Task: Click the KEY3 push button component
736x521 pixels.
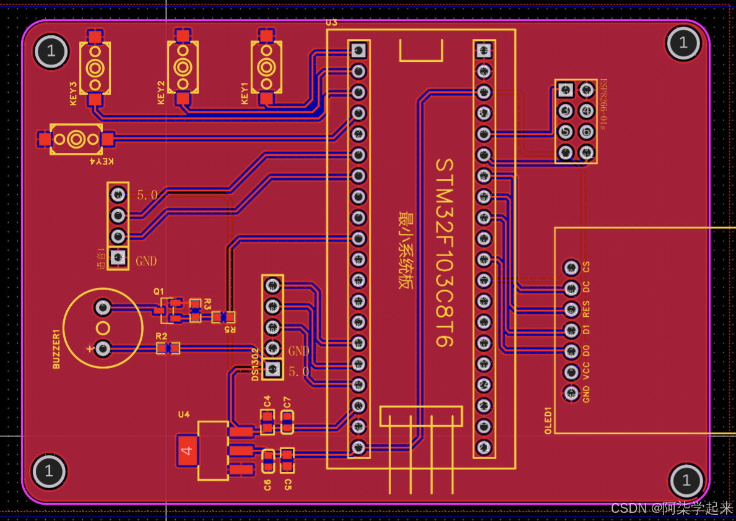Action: [95, 67]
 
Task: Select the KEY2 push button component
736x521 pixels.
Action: [183, 67]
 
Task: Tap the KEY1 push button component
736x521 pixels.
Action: [266, 67]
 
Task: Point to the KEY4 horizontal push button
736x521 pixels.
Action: [76, 139]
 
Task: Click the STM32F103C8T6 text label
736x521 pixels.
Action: [445, 252]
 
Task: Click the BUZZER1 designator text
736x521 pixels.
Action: [57, 349]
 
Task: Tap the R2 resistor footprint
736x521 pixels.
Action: [168, 348]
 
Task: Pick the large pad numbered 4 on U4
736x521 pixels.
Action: [188, 450]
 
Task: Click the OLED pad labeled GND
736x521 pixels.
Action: [570, 393]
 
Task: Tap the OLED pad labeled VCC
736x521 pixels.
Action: [570, 372]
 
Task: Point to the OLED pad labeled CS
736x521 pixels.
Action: [570, 267]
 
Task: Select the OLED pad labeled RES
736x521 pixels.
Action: [570, 309]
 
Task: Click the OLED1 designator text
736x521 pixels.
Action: [548, 421]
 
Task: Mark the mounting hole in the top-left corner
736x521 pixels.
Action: [51, 51]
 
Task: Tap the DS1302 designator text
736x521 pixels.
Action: [255, 364]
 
